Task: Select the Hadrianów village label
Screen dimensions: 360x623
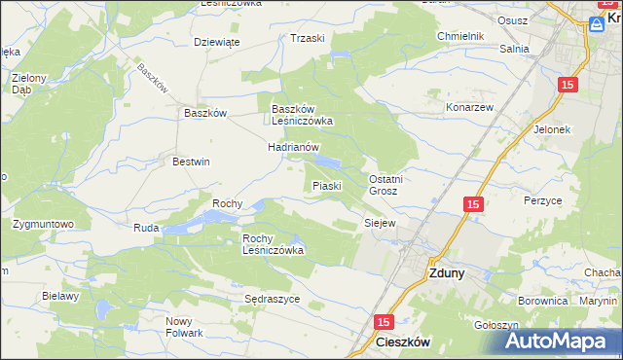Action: point(294,147)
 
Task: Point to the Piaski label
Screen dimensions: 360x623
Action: point(326,185)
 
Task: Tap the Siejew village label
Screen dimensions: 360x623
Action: point(379,223)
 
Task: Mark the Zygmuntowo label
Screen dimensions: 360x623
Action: point(44,224)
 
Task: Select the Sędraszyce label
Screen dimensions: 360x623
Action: point(272,300)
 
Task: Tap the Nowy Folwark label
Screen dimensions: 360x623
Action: point(184,327)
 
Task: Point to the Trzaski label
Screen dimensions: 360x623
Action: point(307,38)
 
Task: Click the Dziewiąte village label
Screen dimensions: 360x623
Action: point(217,42)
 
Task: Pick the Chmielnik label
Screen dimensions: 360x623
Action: point(460,36)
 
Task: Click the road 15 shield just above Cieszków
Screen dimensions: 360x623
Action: point(384,321)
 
